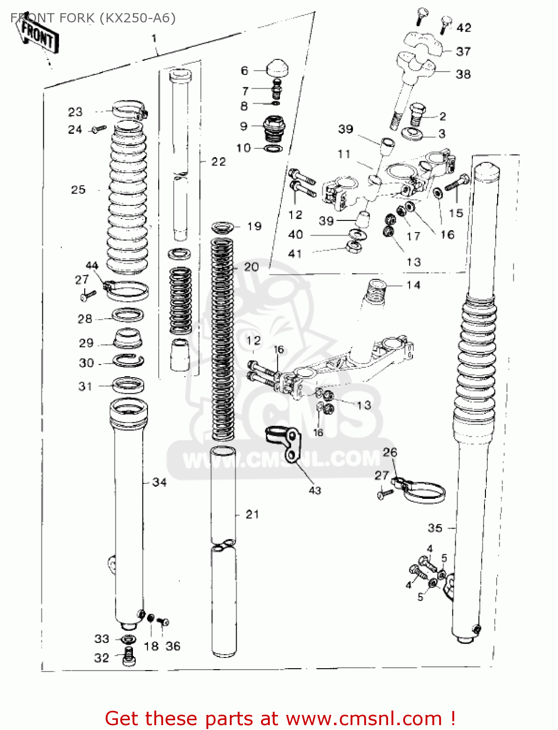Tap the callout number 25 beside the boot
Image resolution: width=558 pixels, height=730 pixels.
click(78, 190)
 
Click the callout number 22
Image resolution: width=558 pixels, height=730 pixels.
click(219, 162)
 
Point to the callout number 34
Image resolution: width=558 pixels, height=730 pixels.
click(159, 482)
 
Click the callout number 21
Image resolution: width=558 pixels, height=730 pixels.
click(252, 514)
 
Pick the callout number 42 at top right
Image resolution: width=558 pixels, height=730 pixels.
click(464, 28)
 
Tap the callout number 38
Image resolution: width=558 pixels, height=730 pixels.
click(463, 74)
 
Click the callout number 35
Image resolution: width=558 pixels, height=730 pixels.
click(435, 528)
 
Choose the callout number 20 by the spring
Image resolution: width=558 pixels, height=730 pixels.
click(251, 267)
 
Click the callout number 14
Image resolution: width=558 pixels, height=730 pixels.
click(413, 285)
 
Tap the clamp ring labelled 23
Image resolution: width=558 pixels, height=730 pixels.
click(130, 109)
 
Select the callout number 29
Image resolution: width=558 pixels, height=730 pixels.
click(86, 343)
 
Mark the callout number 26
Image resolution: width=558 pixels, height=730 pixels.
click(390, 453)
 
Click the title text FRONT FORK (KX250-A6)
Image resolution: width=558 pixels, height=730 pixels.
click(93, 18)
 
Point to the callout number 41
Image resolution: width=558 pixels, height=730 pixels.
click(295, 254)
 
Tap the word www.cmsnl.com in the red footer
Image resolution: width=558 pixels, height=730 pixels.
click(363, 719)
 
